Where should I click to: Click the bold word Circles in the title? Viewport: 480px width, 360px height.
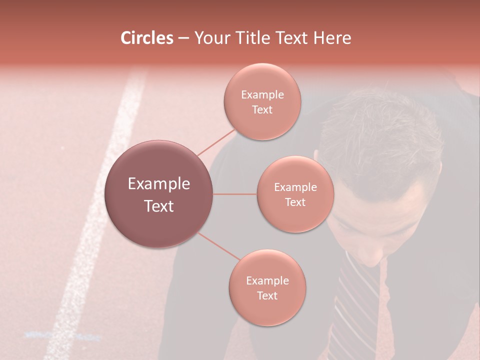click(147, 38)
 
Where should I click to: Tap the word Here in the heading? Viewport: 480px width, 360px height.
click(332, 38)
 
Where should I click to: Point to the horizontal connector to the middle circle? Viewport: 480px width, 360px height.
click(235, 194)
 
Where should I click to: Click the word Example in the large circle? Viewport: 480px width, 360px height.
click(159, 184)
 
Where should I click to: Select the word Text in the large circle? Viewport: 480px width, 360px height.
click(159, 206)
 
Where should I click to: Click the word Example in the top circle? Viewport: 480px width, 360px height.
click(262, 95)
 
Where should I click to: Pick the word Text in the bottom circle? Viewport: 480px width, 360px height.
click(267, 295)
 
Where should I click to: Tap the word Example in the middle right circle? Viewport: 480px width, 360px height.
click(295, 187)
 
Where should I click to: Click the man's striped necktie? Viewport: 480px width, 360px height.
click(357, 300)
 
